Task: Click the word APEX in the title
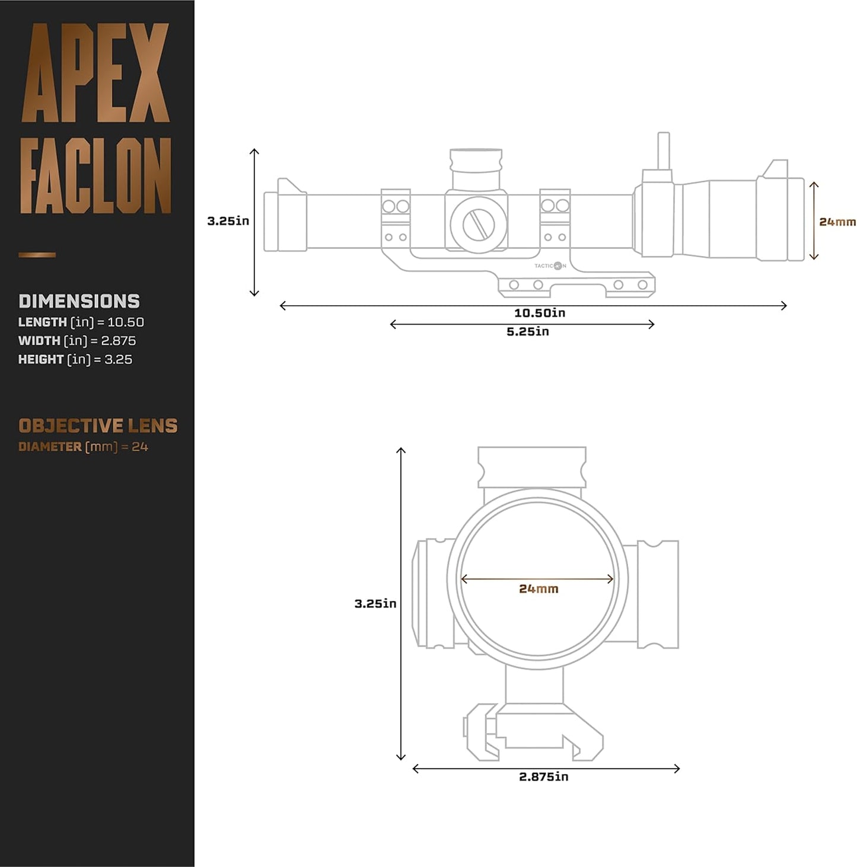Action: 95,73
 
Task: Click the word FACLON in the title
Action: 95,176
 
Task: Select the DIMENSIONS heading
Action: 79,301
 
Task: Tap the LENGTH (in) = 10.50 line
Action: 81,322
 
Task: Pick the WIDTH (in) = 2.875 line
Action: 77,341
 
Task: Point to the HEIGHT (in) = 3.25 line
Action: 75,359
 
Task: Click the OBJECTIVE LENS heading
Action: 98,425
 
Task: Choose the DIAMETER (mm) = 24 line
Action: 83,447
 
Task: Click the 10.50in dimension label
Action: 539,313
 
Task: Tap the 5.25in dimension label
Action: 527,332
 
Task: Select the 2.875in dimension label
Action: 543,776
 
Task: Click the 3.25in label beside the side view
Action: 228,221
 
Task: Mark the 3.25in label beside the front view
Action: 375,603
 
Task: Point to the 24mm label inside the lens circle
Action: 538,589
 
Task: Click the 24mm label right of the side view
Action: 837,222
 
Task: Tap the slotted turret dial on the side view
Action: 478,225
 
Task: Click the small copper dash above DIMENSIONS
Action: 37,255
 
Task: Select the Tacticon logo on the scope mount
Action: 550,266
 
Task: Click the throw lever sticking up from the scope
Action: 663,151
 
